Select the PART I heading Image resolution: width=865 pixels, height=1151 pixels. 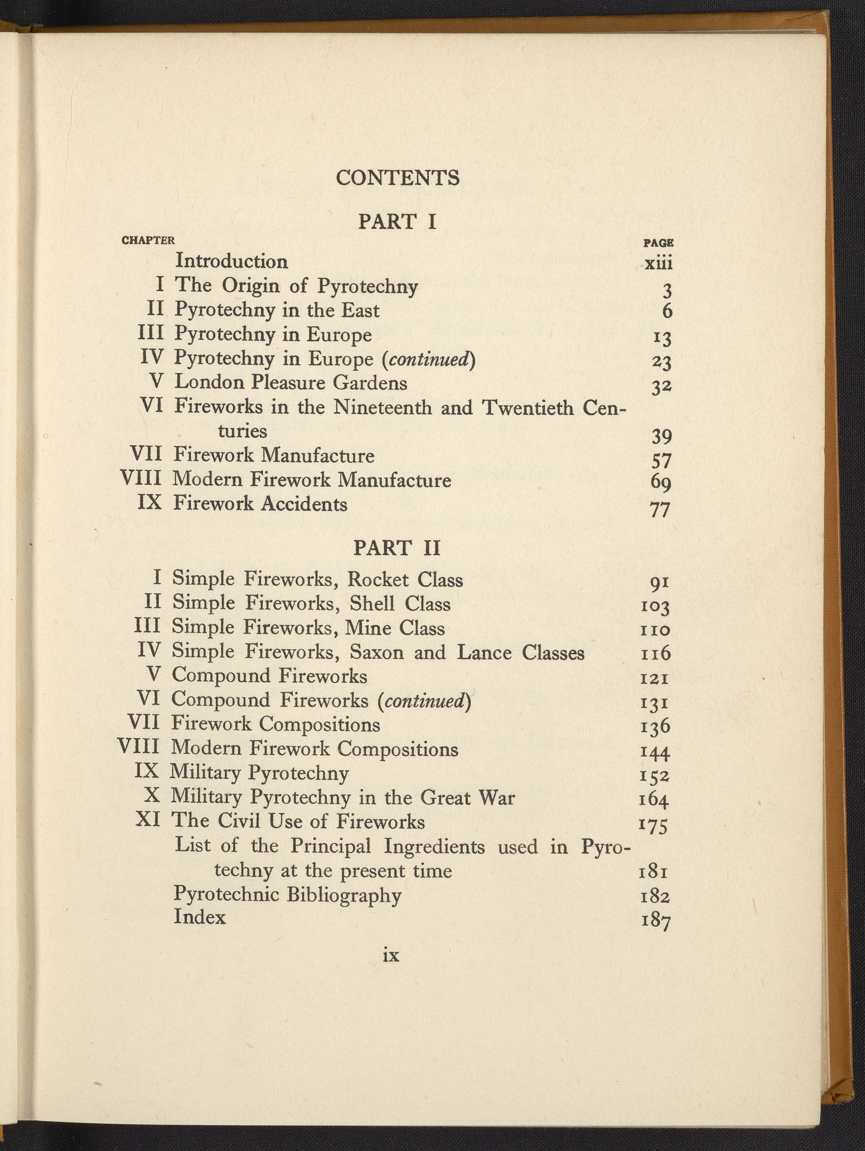tap(397, 222)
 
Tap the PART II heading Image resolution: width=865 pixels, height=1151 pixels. tap(397, 548)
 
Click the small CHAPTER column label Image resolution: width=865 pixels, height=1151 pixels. tap(148, 240)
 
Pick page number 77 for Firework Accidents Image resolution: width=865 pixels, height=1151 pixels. tap(660, 509)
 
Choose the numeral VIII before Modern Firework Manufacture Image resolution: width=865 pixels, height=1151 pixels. tap(141, 479)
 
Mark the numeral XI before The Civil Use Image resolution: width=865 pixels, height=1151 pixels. tap(148, 821)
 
